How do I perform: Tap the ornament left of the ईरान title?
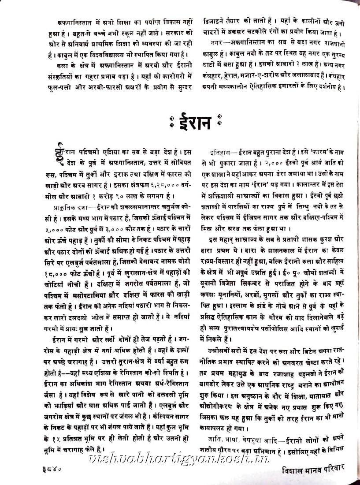pyautogui.click(x=171, y=122)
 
